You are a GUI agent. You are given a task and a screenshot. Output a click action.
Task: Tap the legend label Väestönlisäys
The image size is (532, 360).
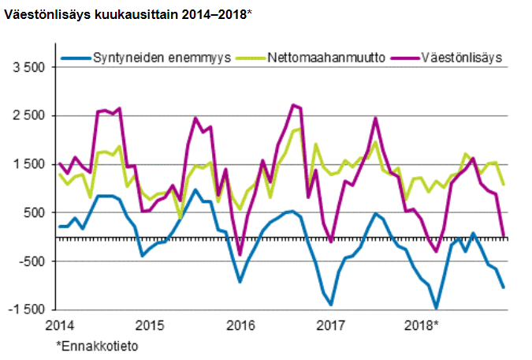461,58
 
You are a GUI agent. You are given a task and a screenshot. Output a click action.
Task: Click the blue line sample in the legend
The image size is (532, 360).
76,58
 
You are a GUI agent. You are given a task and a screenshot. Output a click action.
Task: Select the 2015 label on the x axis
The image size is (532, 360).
149,326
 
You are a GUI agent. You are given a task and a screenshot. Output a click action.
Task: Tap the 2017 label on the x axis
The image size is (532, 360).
330,326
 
